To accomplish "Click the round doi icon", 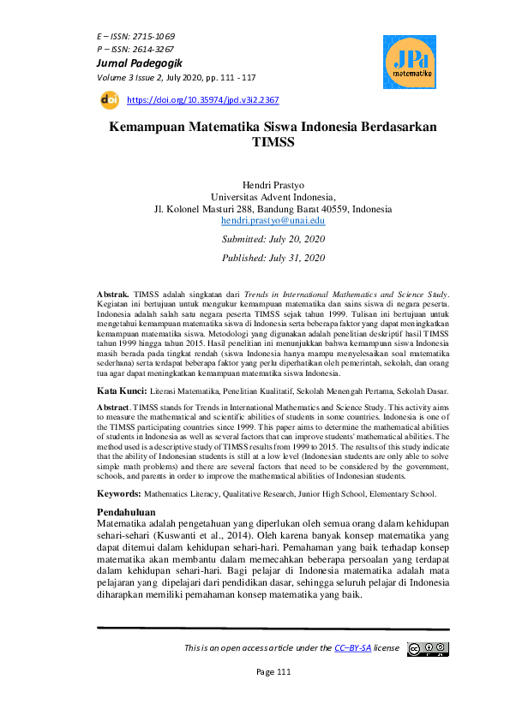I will tap(110, 99).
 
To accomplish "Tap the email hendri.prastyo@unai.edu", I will tap(273, 220).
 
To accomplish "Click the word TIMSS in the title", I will tap(273, 144).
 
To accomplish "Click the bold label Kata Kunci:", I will tap(122, 390).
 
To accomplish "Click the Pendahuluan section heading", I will tap(130, 512).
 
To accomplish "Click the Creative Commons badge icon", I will tap(428, 648).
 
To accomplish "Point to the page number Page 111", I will tap(274, 672).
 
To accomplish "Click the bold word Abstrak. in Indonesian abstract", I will tap(114, 294).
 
